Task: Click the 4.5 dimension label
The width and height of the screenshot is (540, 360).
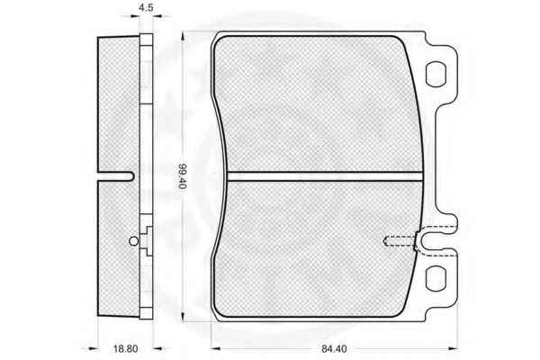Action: point(146,7)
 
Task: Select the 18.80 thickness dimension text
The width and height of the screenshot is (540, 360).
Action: point(125,348)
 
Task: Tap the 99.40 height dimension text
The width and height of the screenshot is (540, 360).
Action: point(182,175)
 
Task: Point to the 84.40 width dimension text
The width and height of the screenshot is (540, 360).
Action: point(334,348)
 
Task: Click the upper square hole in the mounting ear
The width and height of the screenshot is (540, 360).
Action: point(436,74)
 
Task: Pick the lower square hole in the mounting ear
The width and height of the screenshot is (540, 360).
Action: point(436,278)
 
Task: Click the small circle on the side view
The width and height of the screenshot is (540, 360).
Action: point(133,241)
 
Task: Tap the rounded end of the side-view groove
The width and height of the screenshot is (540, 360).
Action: point(130,176)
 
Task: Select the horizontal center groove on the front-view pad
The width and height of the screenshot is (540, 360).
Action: point(325,176)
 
